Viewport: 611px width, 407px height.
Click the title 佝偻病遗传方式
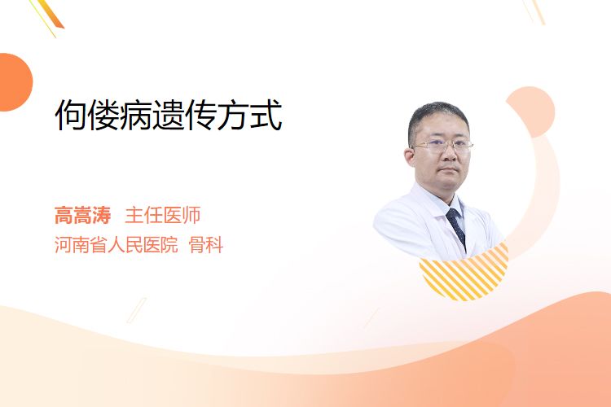coord(169,115)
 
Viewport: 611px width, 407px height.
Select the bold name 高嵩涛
coord(82,216)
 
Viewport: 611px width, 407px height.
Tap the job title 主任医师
coord(163,216)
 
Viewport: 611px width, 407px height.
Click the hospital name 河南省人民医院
coord(116,245)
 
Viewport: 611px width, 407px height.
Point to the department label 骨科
coord(206,245)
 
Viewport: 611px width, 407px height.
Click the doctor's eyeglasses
coord(443,147)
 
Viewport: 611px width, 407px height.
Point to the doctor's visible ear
coord(409,157)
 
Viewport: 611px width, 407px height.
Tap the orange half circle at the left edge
coord(15,82)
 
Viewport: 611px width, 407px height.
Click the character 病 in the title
coord(135,115)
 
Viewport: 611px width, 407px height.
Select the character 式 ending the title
coord(266,115)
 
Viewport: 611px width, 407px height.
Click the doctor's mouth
coord(449,170)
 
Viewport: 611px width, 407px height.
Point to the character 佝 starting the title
coord(71,115)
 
